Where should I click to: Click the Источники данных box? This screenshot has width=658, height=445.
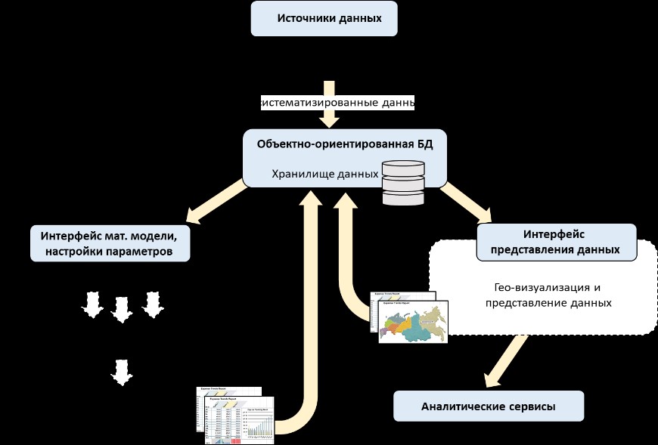(x=324, y=18)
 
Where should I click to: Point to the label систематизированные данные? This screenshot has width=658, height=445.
(x=337, y=101)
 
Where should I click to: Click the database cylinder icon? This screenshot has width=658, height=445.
(x=403, y=182)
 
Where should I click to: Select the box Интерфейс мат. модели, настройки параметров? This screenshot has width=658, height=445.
(x=110, y=243)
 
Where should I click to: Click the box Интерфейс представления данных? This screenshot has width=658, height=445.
(x=556, y=242)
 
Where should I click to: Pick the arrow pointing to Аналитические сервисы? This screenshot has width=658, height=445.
(x=504, y=360)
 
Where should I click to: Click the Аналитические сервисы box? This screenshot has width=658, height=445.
(x=489, y=406)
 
